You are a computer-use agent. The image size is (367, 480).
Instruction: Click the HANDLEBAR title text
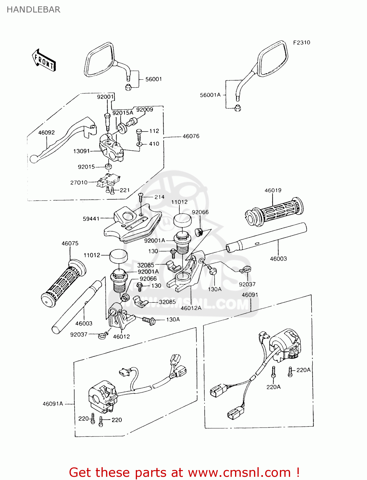(33, 10)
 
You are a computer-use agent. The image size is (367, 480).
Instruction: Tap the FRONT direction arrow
(44, 60)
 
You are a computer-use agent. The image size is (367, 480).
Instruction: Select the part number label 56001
(153, 79)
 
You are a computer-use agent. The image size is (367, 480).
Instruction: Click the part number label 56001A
(210, 95)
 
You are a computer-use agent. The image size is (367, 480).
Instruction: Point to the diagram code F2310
(301, 43)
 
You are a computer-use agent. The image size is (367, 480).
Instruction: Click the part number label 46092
(46, 132)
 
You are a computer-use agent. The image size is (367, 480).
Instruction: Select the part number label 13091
(81, 151)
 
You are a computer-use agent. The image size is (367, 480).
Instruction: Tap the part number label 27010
(79, 182)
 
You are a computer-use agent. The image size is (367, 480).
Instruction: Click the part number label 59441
(91, 219)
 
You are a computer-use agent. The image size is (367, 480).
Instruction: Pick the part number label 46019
(273, 190)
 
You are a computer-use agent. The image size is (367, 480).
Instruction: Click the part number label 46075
(70, 244)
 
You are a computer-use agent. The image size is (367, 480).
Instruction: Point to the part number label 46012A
(191, 308)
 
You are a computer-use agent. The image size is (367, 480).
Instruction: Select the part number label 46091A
(53, 404)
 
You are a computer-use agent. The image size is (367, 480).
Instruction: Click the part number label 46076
(191, 136)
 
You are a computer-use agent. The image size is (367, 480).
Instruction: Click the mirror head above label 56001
(99, 60)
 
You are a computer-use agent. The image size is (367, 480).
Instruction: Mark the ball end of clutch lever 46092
(34, 159)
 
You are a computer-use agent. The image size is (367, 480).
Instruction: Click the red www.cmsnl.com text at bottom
(239, 472)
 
